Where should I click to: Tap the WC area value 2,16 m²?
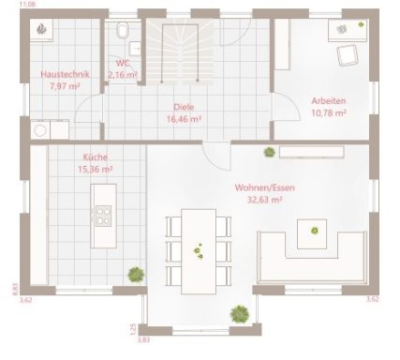[123, 74]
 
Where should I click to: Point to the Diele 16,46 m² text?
[184, 120]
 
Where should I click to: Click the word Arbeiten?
[328, 100]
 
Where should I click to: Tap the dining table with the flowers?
[198, 248]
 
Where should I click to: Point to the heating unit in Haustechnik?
[43, 31]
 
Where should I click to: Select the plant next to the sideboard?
[269, 152]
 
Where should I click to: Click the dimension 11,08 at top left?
[12, 6]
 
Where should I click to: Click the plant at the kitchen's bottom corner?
[136, 274]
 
